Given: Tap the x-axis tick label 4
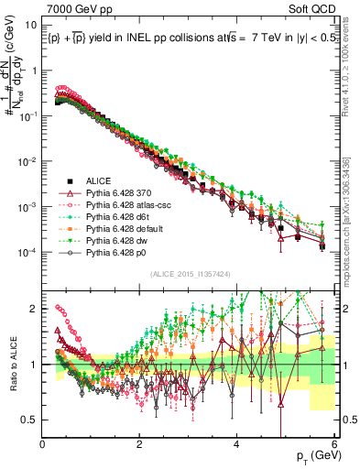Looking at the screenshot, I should pos(237,443).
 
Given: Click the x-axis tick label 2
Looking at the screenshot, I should pos(140,443).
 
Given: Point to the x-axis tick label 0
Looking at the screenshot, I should pos(43,443).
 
